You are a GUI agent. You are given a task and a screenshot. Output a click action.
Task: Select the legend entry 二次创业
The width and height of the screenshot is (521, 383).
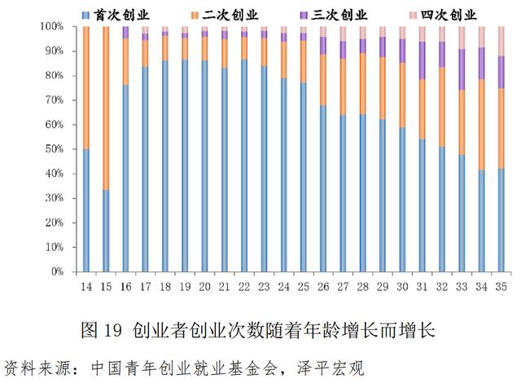239,14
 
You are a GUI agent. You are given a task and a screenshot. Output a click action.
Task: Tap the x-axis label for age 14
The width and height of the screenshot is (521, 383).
85,287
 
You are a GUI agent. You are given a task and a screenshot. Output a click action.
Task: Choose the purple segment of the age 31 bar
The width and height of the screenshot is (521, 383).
422,60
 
